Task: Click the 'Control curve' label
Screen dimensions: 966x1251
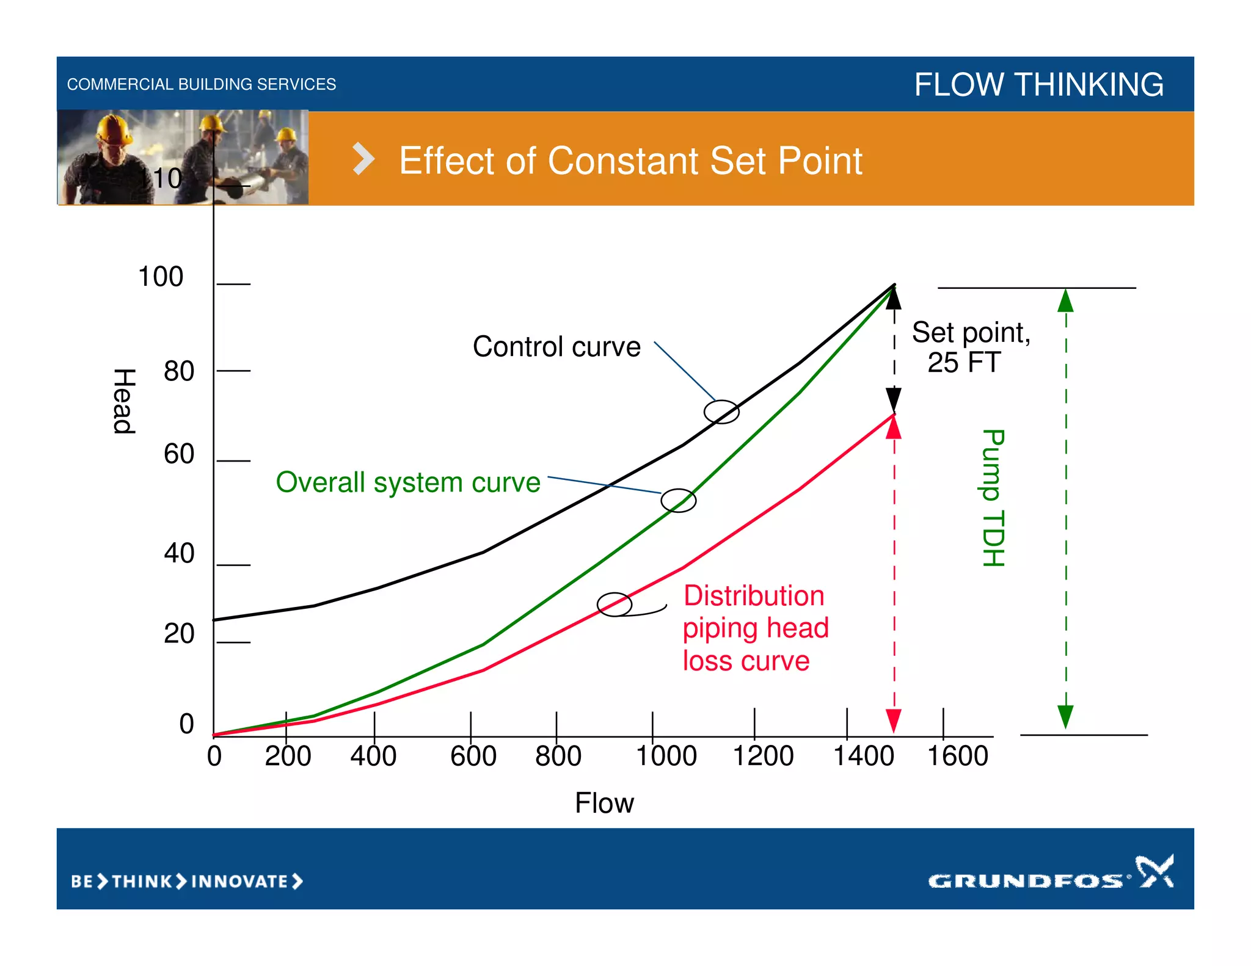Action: coord(556,347)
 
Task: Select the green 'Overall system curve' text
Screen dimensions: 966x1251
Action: coord(408,482)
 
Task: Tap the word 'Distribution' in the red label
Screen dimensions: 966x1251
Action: coord(754,595)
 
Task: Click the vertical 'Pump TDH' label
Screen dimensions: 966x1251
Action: coord(993,498)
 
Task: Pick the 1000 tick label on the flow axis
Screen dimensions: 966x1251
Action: coord(666,756)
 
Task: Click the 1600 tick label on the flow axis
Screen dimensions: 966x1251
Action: coord(957,756)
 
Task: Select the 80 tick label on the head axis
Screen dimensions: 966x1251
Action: coord(179,371)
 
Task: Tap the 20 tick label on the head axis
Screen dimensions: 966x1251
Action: coord(179,634)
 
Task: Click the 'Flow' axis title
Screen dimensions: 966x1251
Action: coord(604,803)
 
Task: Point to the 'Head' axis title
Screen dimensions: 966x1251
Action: coord(124,401)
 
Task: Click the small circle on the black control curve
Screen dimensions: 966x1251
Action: coord(721,412)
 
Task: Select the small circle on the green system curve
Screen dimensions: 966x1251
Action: coord(678,501)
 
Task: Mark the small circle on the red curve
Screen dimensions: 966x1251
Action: coord(614,605)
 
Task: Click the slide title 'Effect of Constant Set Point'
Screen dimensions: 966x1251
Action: coord(630,161)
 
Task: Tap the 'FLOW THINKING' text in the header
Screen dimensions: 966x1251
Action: coord(1038,84)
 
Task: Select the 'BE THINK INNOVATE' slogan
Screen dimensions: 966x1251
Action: coord(187,881)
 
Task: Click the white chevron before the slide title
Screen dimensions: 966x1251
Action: coord(363,159)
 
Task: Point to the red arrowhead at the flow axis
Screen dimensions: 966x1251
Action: coord(894,721)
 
